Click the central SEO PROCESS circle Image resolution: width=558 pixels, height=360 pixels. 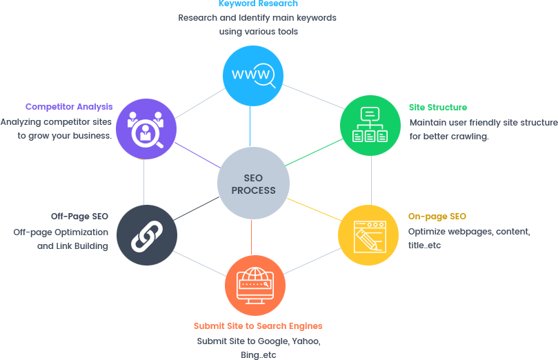tap(253, 184)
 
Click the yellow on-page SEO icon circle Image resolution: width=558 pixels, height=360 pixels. tap(368, 234)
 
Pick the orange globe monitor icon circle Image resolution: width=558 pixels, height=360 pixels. tap(255, 286)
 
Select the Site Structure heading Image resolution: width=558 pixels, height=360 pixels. tap(437, 108)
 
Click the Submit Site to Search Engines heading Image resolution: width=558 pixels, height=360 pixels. tap(258, 326)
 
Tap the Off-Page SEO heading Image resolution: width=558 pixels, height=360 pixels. tap(79, 217)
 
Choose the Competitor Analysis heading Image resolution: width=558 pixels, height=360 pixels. tap(69, 107)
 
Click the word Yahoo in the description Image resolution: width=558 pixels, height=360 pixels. tap(305, 341)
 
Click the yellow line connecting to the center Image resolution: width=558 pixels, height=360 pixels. tap(312, 210)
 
